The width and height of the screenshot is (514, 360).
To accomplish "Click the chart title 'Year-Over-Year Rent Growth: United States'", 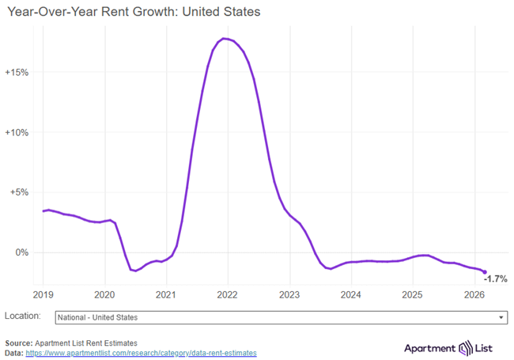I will tap(133, 13).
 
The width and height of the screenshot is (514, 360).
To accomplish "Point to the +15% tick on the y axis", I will tap(17, 72).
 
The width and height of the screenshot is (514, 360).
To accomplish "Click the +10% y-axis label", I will tap(17, 132).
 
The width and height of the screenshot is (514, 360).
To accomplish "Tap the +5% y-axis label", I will tap(19, 192).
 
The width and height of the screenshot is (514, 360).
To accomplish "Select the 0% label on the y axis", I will tap(21, 252).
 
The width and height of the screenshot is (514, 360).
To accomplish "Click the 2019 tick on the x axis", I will tap(43, 294).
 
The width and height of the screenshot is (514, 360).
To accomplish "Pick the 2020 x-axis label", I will tap(105, 294).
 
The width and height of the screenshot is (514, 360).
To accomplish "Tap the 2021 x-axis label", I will tap(166, 294).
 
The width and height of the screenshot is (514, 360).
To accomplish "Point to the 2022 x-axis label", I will tap(228, 294).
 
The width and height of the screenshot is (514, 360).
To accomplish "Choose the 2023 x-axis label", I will tap(289, 294).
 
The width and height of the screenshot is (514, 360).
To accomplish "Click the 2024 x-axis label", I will tap(351, 294).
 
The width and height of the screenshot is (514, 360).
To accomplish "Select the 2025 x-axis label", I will tap(413, 294).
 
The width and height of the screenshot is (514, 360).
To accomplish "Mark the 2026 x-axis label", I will tap(474, 294).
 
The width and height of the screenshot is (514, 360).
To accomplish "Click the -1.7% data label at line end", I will tap(495, 279).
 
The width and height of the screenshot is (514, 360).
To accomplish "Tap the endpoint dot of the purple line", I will tap(485, 272).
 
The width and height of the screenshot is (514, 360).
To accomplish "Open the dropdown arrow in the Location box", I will tap(501, 317).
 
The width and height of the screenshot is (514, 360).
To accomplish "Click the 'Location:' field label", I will tap(22, 316).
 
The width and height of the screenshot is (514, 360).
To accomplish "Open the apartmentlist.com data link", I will tap(141, 353).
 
